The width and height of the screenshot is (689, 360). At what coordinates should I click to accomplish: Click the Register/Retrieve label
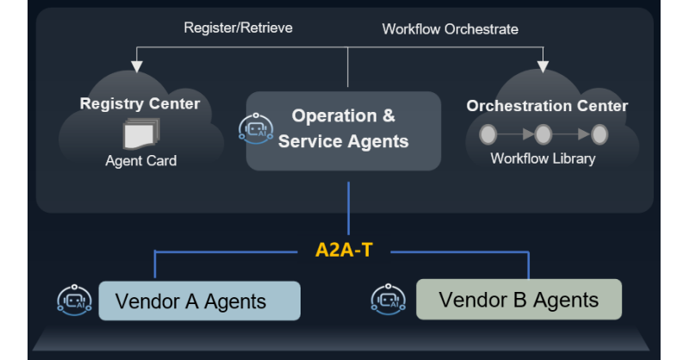click(238, 28)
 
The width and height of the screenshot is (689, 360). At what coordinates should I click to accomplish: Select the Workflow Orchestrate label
click(450, 29)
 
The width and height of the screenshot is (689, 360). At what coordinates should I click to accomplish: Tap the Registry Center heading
click(140, 104)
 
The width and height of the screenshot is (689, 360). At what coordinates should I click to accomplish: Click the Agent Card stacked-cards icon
click(140, 133)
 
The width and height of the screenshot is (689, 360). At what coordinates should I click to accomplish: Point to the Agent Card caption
click(141, 161)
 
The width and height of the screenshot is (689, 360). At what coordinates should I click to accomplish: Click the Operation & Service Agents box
click(344, 130)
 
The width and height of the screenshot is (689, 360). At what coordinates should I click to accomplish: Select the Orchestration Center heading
click(547, 106)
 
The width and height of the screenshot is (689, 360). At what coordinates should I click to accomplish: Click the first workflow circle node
click(488, 133)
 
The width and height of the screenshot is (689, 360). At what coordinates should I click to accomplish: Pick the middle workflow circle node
click(543, 133)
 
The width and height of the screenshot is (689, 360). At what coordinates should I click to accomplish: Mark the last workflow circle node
click(599, 133)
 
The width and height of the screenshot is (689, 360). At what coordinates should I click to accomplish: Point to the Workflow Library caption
click(543, 158)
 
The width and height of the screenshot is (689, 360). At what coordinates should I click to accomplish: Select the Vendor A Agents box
click(199, 301)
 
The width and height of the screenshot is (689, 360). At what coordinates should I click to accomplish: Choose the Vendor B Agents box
click(518, 300)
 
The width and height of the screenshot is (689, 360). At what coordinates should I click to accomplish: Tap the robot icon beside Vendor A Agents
click(73, 301)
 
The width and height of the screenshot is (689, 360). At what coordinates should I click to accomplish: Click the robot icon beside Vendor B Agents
click(388, 298)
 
